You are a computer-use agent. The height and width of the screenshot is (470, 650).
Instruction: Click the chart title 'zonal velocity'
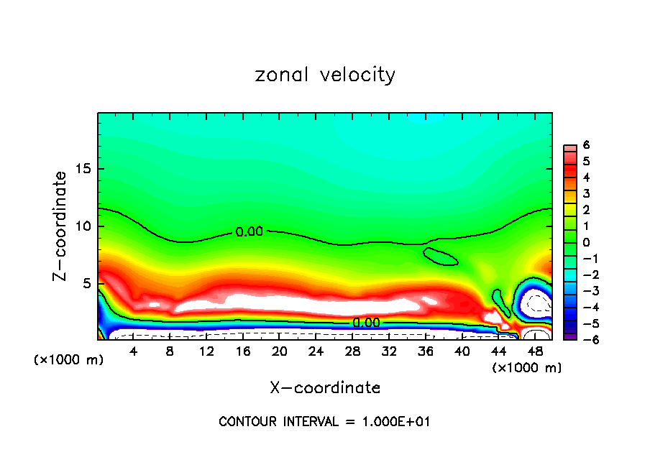pyautogui.click(x=325, y=75)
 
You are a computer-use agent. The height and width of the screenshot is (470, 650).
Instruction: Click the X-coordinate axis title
pyautogui.click(x=325, y=388)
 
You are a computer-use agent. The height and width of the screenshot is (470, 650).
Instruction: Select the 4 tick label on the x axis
pyautogui.click(x=134, y=352)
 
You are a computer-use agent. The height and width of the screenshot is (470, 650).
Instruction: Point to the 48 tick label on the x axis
pyautogui.click(x=535, y=352)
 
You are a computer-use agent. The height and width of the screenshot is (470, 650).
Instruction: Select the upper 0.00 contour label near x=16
pyautogui.click(x=250, y=232)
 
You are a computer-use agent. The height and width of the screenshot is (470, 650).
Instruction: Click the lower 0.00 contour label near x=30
pyautogui.click(x=366, y=323)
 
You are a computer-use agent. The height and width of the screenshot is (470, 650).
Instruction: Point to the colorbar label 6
pyautogui.click(x=586, y=145)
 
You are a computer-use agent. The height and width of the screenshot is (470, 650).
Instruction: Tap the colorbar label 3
pyautogui.click(x=586, y=193)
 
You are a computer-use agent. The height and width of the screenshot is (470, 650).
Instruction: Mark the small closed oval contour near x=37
pyautogui.click(x=440, y=257)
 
